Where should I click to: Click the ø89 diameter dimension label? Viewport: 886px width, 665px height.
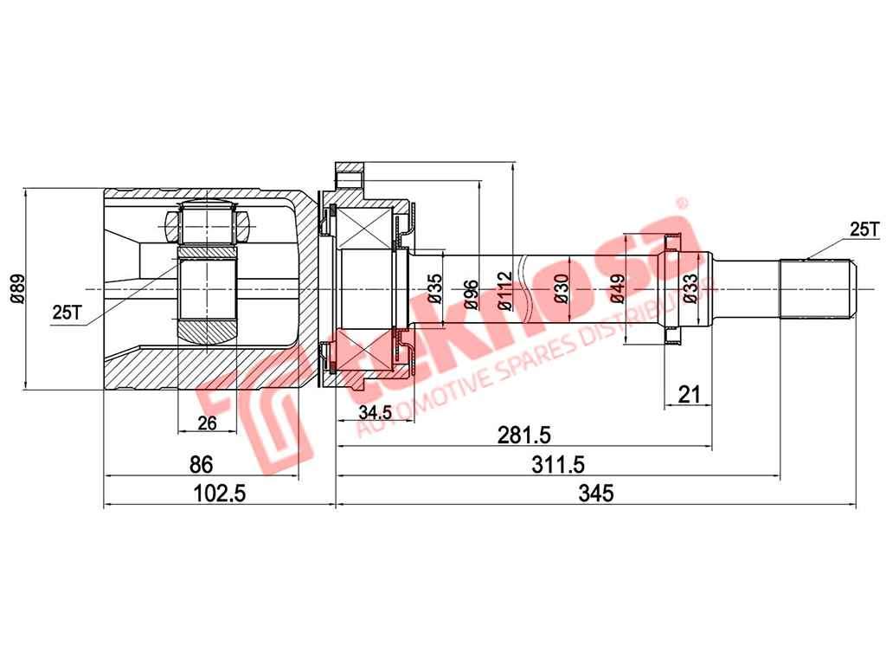(x=15, y=288)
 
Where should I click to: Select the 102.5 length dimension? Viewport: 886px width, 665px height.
(x=220, y=493)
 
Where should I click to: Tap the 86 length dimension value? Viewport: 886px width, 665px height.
(x=201, y=465)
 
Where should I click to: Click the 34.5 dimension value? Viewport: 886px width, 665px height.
(x=375, y=413)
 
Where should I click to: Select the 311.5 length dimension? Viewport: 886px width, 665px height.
(x=556, y=465)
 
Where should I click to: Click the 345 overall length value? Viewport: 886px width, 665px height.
(x=595, y=493)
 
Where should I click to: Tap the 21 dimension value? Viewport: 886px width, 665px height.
(x=689, y=395)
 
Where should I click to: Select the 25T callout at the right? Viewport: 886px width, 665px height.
(x=863, y=229)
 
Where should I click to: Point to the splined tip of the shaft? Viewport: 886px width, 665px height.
(x=818, y=289)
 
